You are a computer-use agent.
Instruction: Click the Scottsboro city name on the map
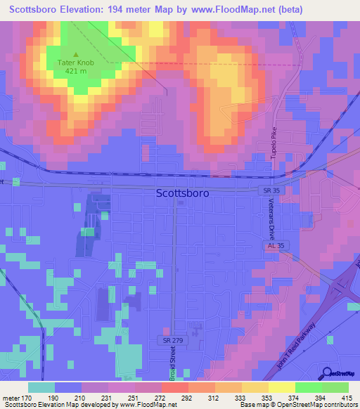point(181,193)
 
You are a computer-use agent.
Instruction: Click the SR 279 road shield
point(171,339)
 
